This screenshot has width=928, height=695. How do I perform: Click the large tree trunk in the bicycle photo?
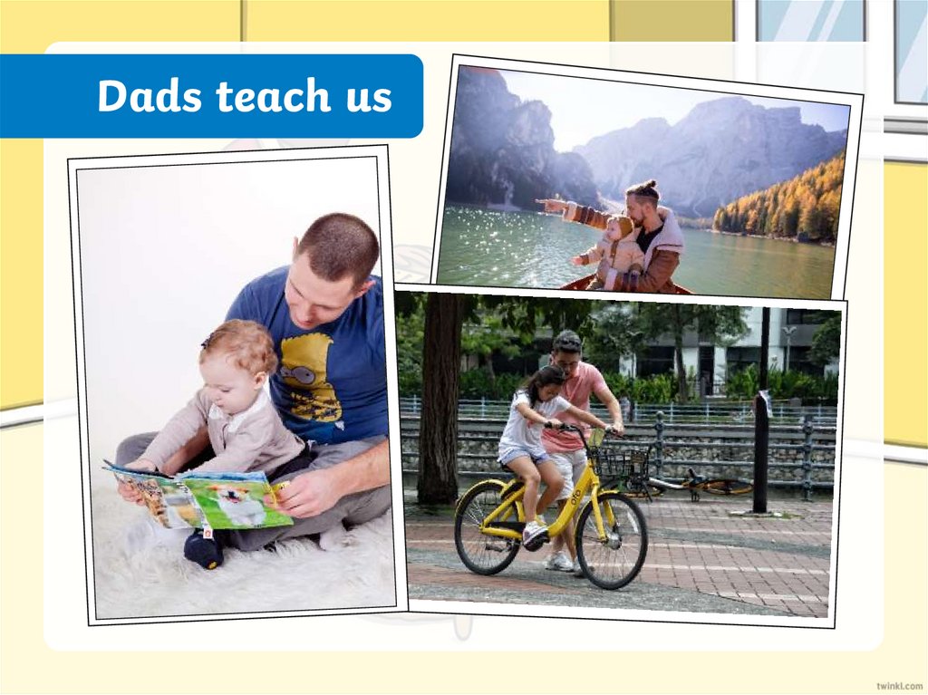(439, 408)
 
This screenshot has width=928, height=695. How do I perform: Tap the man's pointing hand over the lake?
(546, 206)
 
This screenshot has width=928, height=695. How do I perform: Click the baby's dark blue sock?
(204, 548)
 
